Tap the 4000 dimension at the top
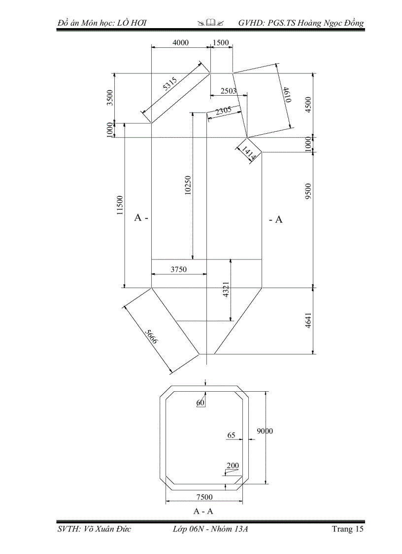tap(180, 42)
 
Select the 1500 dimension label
tap(221, 42)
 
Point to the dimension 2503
tap(229, 91)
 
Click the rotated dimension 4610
tap(287, 94)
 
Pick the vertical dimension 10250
tap(188, 186)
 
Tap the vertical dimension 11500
tap(120, 205)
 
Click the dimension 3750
tap(179, 269)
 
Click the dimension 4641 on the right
tap(308, 321)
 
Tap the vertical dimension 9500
tap(308, 190)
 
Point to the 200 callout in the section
tap(233, 465)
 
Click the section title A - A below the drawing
tap(203, 511)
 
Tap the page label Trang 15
tap(348, 529)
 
